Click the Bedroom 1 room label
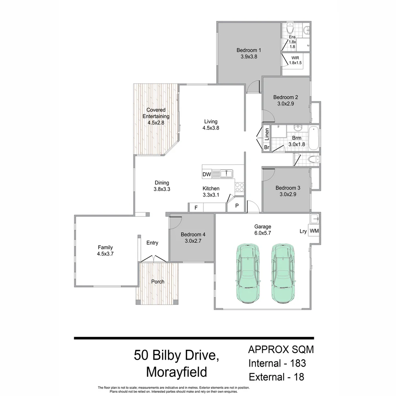click(248, 50)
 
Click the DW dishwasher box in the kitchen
click(206, 174)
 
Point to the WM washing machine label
click(314, 231)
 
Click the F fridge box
click(196, 208)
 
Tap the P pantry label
click(237, 206)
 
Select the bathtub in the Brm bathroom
click(313, 139)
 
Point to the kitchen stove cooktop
click(239, 187)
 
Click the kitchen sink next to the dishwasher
click(226, 173)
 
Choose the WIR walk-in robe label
click(295, 58)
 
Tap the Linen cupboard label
click(267, 134)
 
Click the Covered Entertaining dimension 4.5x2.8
click(156, 123)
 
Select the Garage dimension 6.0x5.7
click(263, 232)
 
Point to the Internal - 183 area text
click(277, 363)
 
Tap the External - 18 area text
click(276, 377)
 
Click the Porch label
click(158, 282)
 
